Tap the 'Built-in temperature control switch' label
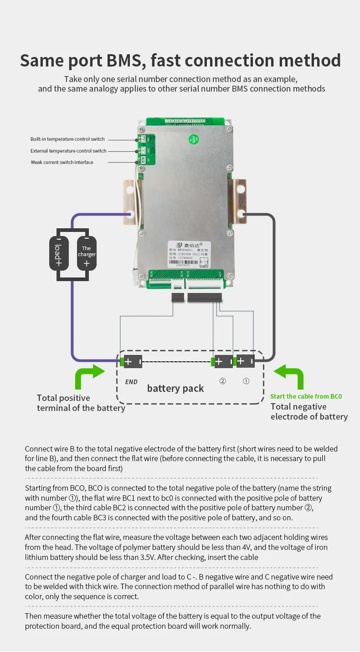click(67, 139)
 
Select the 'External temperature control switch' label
click(68, 151)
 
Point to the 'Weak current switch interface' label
click(62, 162)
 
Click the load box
click(58, 253)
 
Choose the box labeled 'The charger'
click(87, 253)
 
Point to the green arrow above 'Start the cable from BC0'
click(290, 376)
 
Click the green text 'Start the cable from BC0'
click(306, 396)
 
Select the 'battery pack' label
click(175, 388)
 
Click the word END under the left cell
click(131, 382)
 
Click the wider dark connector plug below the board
click(204, 298)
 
